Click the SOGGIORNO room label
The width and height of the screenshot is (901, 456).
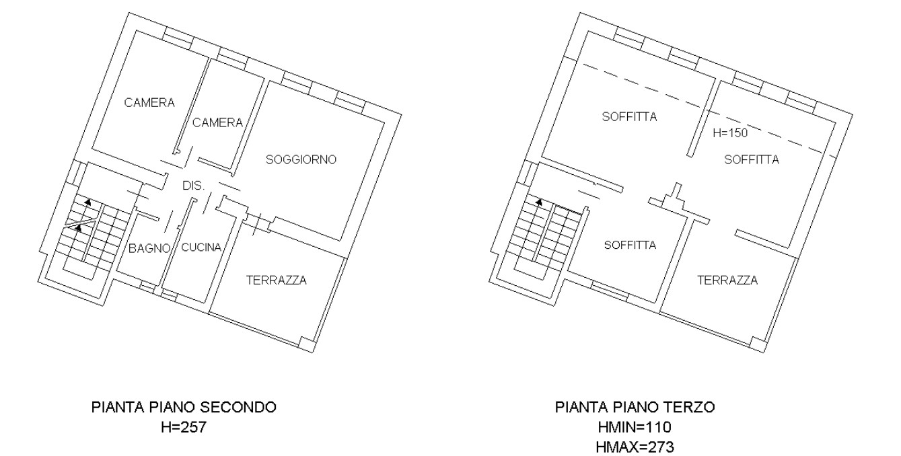tap(301, 159)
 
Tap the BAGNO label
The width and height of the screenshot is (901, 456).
tap(149, 248)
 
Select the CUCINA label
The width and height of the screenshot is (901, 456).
tap(201, 248)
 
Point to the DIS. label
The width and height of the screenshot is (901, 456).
tap(194, 186)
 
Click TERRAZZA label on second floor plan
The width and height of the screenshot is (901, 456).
tap(277, 280)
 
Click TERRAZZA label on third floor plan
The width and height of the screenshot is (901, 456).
tap(727, 280)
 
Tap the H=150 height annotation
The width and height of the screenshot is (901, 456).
tap(730, 133)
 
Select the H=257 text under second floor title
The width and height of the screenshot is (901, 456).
tap(184, 427)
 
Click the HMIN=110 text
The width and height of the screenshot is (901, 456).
tap(635, 427)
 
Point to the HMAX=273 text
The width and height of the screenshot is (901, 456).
tap(635, 447)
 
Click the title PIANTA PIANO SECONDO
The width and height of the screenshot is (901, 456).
tap(184, 408)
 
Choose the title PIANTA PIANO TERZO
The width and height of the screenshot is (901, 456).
tap(635, 408)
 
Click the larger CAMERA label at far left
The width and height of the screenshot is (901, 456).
tap(149, 103)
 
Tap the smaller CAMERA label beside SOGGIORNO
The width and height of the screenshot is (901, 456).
tap(217, 122)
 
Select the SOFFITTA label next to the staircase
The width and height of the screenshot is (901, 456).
tap(630, 245)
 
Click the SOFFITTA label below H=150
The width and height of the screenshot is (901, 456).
tap(752, 159)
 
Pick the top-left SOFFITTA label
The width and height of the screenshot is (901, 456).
tap(630, 116)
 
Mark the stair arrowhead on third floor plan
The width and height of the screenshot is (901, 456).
tap(539, 202)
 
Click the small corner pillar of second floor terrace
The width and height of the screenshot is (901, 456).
tap(306, 344)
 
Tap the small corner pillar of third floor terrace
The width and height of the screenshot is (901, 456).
tap(758, 344)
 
